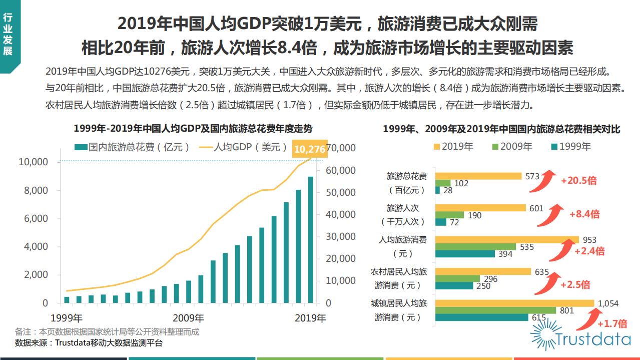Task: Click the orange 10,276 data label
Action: pos(310,149)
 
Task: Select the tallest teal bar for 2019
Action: pos(311,240)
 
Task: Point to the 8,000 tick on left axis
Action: pos(33,191)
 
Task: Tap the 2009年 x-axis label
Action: pos(188,318)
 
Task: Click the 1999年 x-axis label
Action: pos(67,318)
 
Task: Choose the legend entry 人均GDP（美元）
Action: pos(244,147)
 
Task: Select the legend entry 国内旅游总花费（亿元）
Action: pos(133,147)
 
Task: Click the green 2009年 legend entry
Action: pos(511,146)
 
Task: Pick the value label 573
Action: pos(532,176)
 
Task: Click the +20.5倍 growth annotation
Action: pos(578,181)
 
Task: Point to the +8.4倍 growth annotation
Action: pos(584,214)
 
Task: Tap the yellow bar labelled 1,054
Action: pos(514,303)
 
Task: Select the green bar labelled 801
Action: pos(495,310)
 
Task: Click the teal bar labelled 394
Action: pos(464,254)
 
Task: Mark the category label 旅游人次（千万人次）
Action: pos(406,214)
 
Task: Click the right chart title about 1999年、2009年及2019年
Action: pos(501,129)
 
